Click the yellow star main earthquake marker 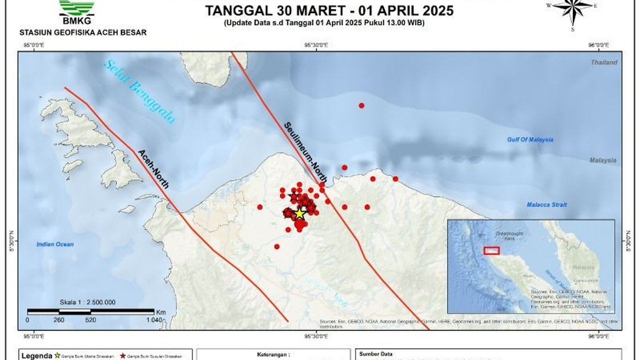tap(299, 213)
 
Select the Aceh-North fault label tap(153, 169)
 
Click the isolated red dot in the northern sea tap(361, 105)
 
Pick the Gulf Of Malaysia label tap(530, 139)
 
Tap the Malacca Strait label tap(546, 204)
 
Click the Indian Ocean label tap(55, 244)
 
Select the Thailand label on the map tap(604, 62)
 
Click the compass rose tap(572, 8)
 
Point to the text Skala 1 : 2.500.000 tap(87, 302)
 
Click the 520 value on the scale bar tap(90, 320)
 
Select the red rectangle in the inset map tap(491, 250)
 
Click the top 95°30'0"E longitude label tap(316, 45)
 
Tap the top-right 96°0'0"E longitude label tap(598, 45)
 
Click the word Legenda tap(36, 356)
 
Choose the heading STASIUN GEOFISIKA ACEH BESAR tap(83, 32)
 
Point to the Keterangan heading tap(273, 354)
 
